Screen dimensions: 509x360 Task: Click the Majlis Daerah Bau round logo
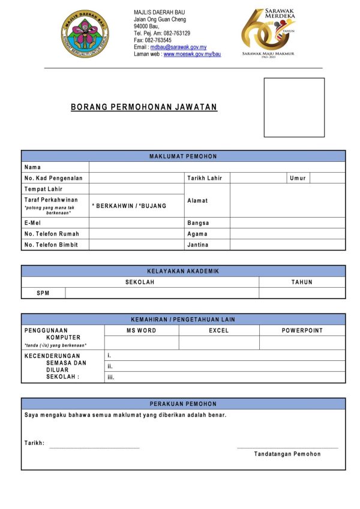point(85,34)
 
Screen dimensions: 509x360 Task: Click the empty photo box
point(294,107)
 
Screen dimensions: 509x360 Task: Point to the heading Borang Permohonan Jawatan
point(144,107)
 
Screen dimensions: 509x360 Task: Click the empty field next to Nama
point(217,167)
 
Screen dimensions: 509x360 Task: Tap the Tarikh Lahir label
point(205,178)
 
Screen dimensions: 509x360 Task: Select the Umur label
point(298,178)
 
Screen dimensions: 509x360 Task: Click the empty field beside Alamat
point(287,200)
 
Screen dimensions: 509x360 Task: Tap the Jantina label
point(197,245)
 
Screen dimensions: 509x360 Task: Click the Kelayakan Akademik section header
point(183,271)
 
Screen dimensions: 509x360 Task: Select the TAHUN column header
point(302,282)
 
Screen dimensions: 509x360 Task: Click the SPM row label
point(43,293)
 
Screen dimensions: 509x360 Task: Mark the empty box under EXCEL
point(219,342)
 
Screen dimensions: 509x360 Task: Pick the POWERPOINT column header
point(302,330)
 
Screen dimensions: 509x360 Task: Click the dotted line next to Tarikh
point(94,447)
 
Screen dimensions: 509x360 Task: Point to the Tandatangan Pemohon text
point(287,454)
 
